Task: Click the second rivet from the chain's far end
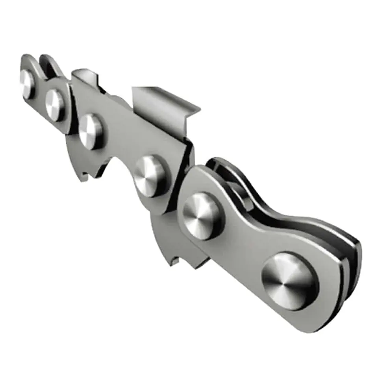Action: pos(55,105)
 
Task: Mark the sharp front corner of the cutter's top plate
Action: pos(196,108)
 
